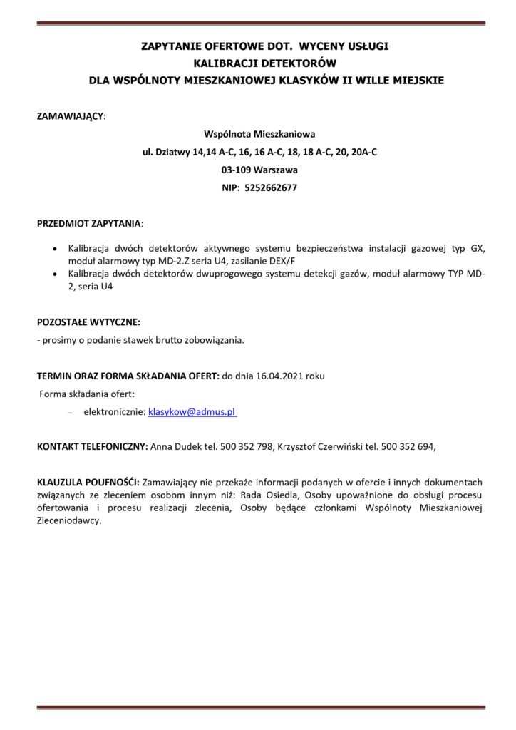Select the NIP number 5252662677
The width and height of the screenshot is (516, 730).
[270, 188]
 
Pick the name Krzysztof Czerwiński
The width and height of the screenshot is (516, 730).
[320, 446]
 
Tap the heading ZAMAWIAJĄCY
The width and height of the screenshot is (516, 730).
[70, 115]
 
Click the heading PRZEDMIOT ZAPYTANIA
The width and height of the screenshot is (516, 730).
[88, 224]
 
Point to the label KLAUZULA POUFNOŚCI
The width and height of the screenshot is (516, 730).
[88, 482]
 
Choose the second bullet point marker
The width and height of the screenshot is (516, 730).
[57, 274]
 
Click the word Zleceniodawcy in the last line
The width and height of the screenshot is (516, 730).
[69, 520]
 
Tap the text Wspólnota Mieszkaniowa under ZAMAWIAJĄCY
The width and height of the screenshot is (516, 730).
[259, 133]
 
